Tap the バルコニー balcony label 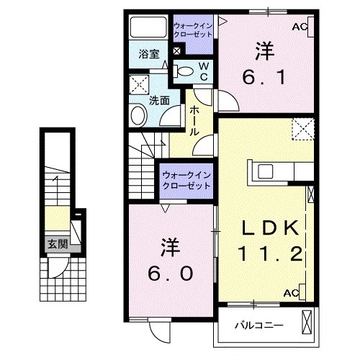[258, 325]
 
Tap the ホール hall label [195, 122]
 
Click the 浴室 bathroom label [149, 54]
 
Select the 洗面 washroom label [159, 101]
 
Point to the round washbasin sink [137, 115]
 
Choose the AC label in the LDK [291, 293]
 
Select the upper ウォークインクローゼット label [192, 30]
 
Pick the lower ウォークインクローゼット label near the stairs [186, 179]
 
